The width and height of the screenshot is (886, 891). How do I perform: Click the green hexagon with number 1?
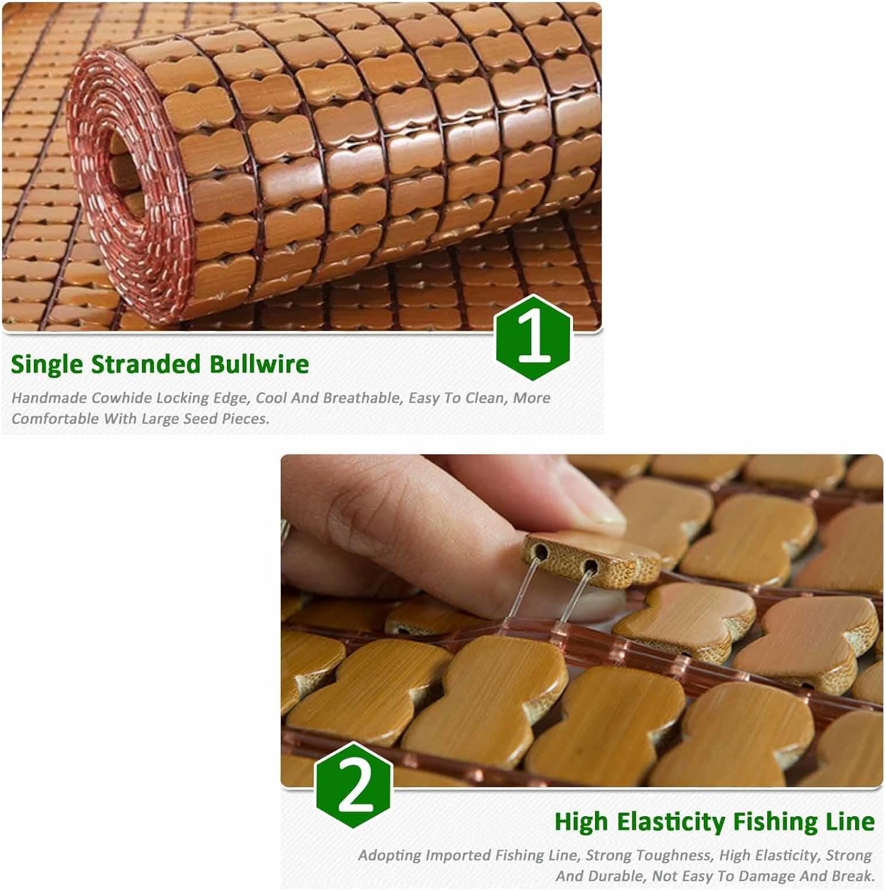coord(533,337)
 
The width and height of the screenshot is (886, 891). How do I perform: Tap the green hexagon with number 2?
coord(353,785)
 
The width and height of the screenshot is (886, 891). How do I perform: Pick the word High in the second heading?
coord(582,822)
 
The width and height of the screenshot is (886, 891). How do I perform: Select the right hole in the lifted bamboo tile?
coord(589,564)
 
